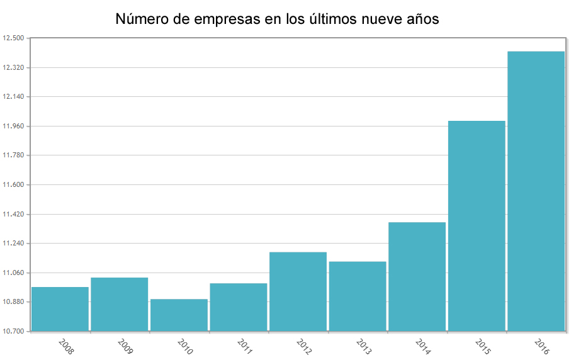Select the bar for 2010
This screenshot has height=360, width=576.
pyautogui.click(x=179, y=315)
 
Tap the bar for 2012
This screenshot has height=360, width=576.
pyautogui.click(x=298, y=291)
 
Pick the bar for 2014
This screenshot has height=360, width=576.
pyautogui.click(x=417, y=276)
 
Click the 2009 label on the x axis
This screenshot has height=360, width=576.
pyautogui.click(x=125, y=347)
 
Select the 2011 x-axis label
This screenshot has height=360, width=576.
pyautogui.click(x=244, y=347)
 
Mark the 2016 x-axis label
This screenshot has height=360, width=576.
pyautogui.click(x=541, y=347)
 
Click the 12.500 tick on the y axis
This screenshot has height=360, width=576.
pyautogui.click(x=13, y=38)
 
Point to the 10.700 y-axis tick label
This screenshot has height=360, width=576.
pyautogui.click(x=13, y=331)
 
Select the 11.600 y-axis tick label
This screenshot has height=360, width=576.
pyautogui.click(x=13, y=185)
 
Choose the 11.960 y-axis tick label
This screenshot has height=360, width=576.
pyautogui.click(x=13, y=127)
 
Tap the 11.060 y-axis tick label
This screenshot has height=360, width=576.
pyautogui.click(x=13, y=273)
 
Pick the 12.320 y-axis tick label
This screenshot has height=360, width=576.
pyautogui.click(x=13, y=68)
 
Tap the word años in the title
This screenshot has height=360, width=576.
pyautogui.click(x=422, y=20)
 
